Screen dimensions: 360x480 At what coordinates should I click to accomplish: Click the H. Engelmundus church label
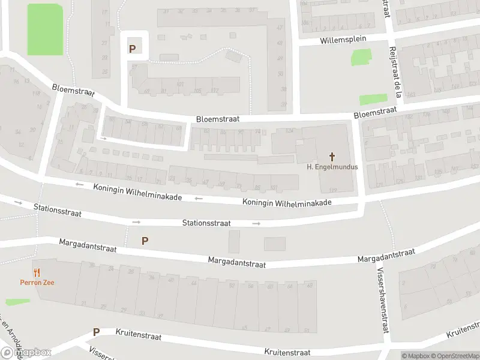pyautogui.click(x=332, y=167)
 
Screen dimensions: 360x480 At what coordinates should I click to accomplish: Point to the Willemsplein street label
pyautogui.click(x=343, y=40)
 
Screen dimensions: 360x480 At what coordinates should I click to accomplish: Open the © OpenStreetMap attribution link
pyautogui.click(x=454, y=356)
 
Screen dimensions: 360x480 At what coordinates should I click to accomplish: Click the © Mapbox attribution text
pyautogui.click(x=415, y=356)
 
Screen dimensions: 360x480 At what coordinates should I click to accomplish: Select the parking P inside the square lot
pyautogui.click(x=132, y=48)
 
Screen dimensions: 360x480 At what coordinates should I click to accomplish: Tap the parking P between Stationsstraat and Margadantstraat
pyautogui.click(x=144, y=241)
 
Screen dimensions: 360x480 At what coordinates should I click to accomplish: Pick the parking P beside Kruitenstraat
pyautogui.click(x=95, y=332)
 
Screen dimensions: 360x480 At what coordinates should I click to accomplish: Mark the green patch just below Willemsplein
pyautogui.click(x=361, y=57)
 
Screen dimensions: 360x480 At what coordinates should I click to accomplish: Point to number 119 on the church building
pyautogui.click(x=333, y=190)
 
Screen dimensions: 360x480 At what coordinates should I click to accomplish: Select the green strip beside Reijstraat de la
pyautogui.click(x=373, y=100)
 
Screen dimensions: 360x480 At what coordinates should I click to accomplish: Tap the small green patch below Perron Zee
pyautogui.click(x=17, y=302)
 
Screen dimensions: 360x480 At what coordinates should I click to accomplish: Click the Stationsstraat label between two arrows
pyautogui.click(x=206, y=223)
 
